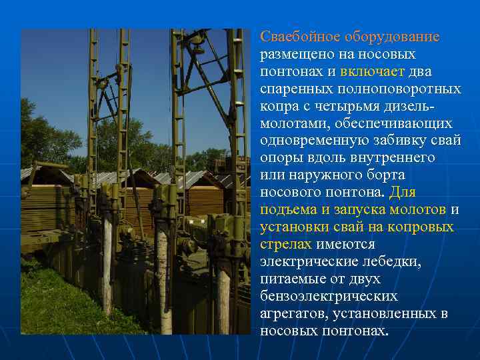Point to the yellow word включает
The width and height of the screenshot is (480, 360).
coord(369,71)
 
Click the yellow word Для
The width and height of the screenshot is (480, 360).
coord(403,193)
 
